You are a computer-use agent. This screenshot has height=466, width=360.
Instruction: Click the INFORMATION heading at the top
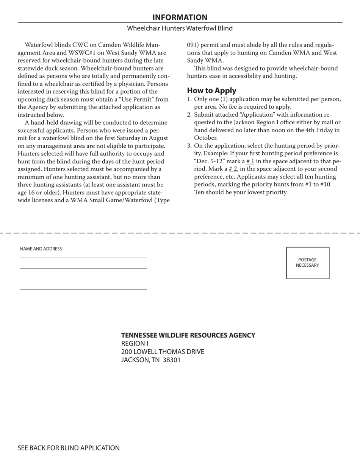tap(180, 17)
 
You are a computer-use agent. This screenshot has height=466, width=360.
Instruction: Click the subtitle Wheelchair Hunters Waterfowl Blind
tap(180, 28)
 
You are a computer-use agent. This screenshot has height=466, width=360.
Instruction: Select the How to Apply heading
tap(211, 91)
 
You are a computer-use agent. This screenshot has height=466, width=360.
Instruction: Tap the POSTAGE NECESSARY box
tap(307, 263)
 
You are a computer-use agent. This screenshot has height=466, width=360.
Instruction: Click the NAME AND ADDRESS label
tap(41, 249)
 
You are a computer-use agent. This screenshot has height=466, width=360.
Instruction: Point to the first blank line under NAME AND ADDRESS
tap(83, 258)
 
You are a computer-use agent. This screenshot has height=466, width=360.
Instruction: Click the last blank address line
tap(83, 289)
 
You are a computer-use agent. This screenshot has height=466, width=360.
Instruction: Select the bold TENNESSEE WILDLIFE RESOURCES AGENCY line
tap(188, 335)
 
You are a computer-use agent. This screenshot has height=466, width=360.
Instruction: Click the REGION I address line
tap(135, 344)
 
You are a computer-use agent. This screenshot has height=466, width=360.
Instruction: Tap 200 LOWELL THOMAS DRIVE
tap(163, 352)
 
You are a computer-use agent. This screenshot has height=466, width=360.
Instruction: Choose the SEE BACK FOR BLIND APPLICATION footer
tap(69, 448)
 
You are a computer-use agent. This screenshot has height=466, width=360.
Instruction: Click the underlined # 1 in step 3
tap(250, 161)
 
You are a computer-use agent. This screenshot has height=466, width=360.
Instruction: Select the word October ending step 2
tap(205, 138)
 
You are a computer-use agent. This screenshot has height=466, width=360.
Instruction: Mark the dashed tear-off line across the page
tap(180, 232)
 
